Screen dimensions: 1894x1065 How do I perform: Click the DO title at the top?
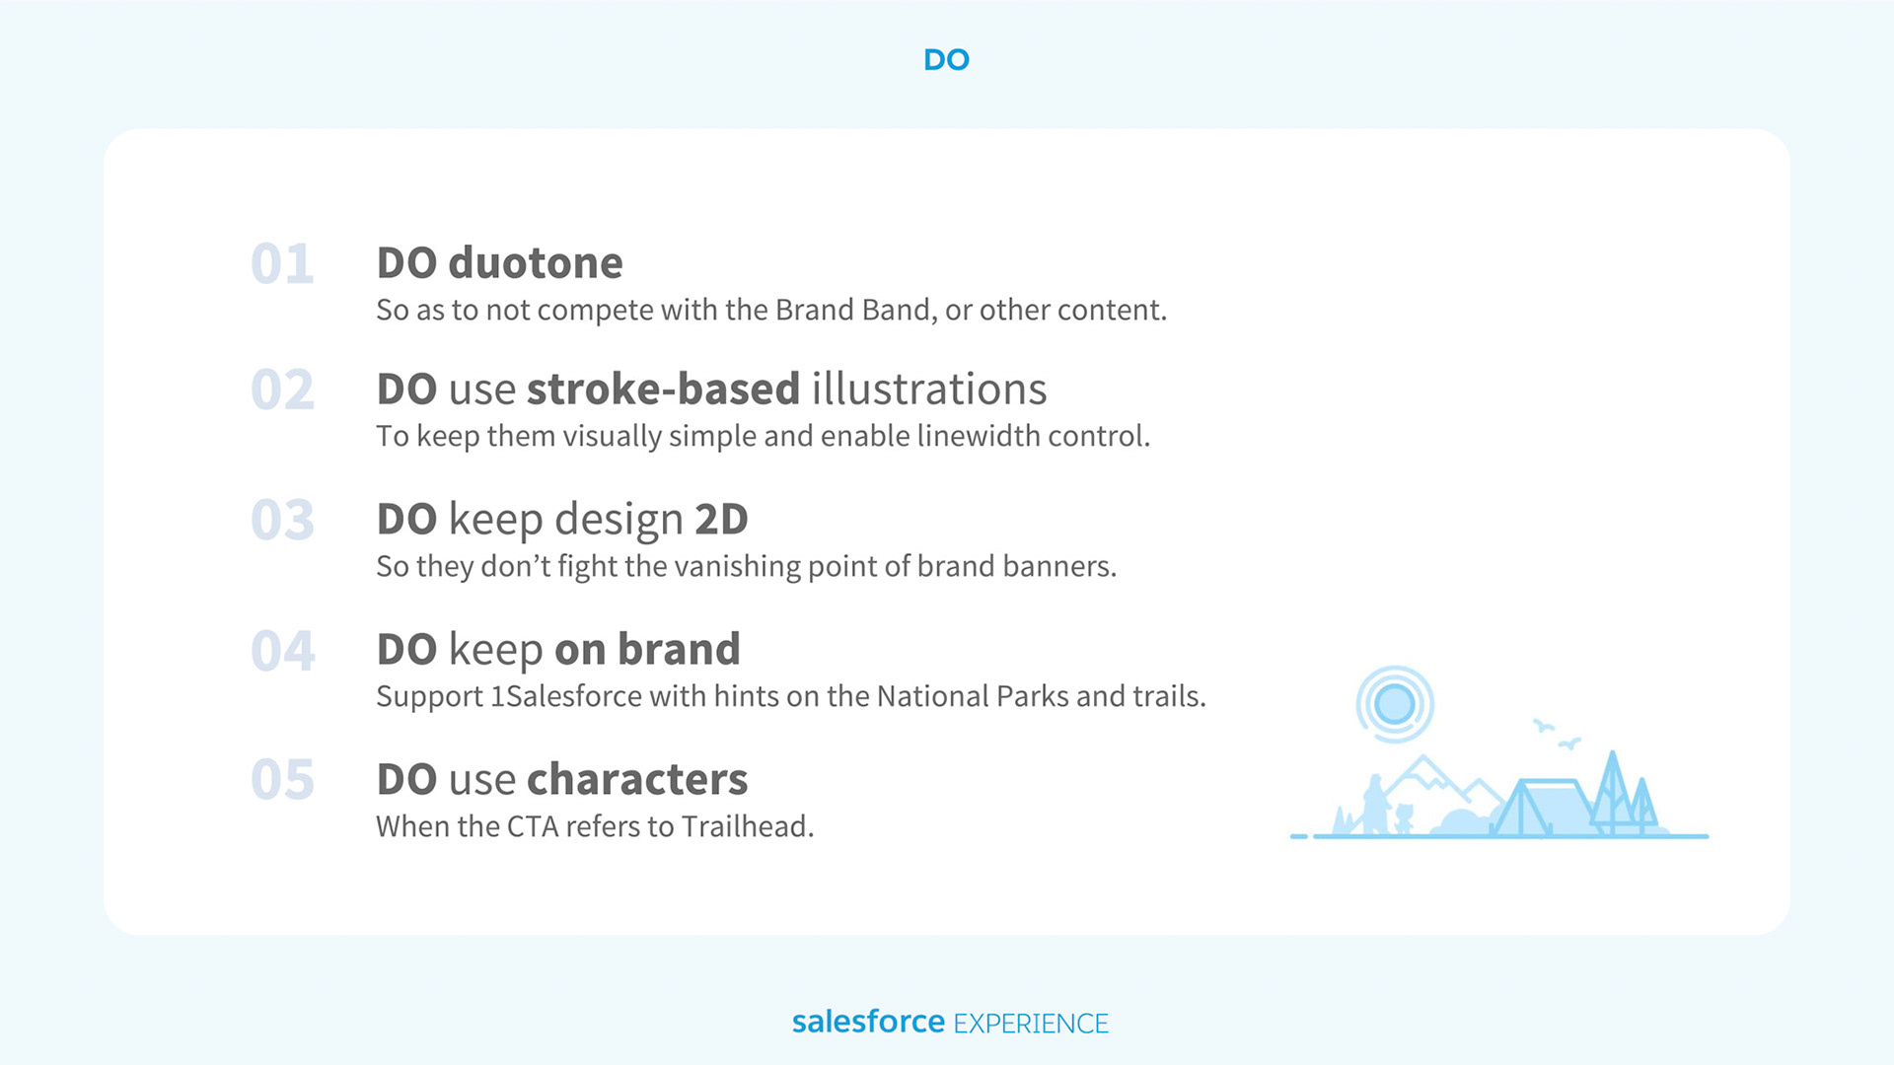[946, 60]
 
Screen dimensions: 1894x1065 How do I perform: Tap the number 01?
[282, 264]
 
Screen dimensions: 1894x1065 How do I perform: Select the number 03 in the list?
[282, 520]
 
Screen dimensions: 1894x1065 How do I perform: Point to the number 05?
[282, 780]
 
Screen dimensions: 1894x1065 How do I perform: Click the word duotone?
[536, 263]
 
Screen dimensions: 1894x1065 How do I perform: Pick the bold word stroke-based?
[663, 389]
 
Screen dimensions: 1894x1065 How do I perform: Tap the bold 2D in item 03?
[721, 520]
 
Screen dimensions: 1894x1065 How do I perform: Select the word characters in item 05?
[637, 779]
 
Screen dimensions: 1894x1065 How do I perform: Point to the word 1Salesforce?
[566, 696]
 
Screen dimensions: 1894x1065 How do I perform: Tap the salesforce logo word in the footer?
[868, 1022]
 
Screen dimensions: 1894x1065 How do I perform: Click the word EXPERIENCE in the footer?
[1031, 1024]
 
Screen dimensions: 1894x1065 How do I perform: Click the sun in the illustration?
[1395, 704]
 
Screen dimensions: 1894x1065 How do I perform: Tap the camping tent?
[1541, 808]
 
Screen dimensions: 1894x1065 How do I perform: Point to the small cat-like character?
[1404, 818]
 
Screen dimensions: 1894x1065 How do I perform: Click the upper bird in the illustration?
[1544, 727]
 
